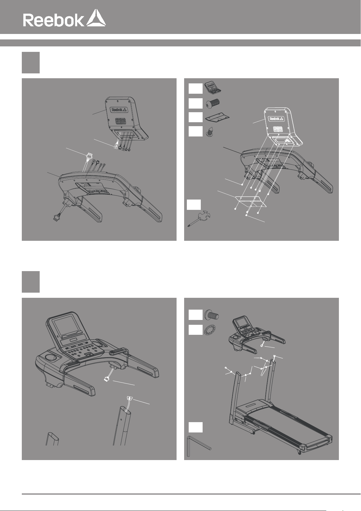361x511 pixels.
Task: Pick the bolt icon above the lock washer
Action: click(x=212, y=315)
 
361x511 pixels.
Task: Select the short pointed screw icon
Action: click(x=210, y=132)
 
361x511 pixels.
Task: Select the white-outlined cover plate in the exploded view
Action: click(x=250, y=201)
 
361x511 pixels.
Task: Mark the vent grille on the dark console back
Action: click(x=121, y=121)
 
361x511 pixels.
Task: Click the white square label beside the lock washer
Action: click(x=195, y=330)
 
